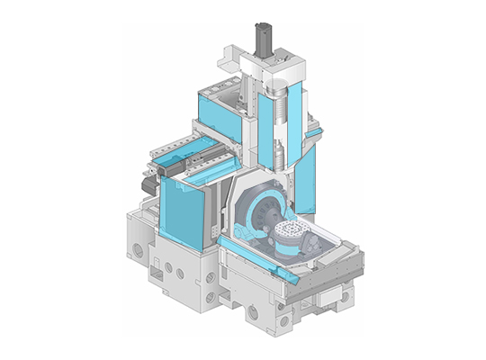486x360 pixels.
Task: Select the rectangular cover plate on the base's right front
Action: coord(325,296)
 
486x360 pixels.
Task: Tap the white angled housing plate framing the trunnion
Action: coord(239,202)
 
